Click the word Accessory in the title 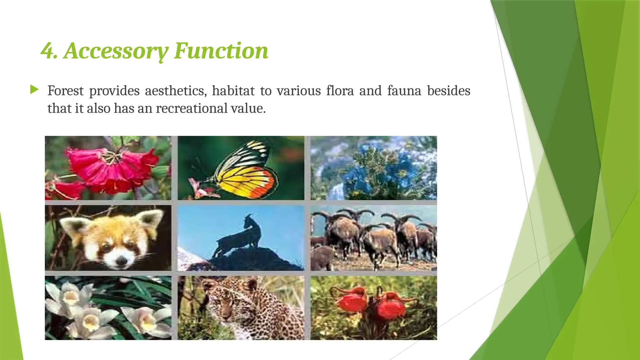pyautogui.click(x=116, y=51)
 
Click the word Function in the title pyautogui.click(x=221, y=51)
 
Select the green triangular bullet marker pyautogui.click(x=34, y=90)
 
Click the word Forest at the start pyautogui.click(x=65, y=91)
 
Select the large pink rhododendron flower pyautogui.click(x=109, y=169)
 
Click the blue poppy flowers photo pyautogui.click(x=373, y=168)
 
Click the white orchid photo pyautogui.click(x=108, y=308)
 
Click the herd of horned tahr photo pyautogui.click(x=373, y=238)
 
